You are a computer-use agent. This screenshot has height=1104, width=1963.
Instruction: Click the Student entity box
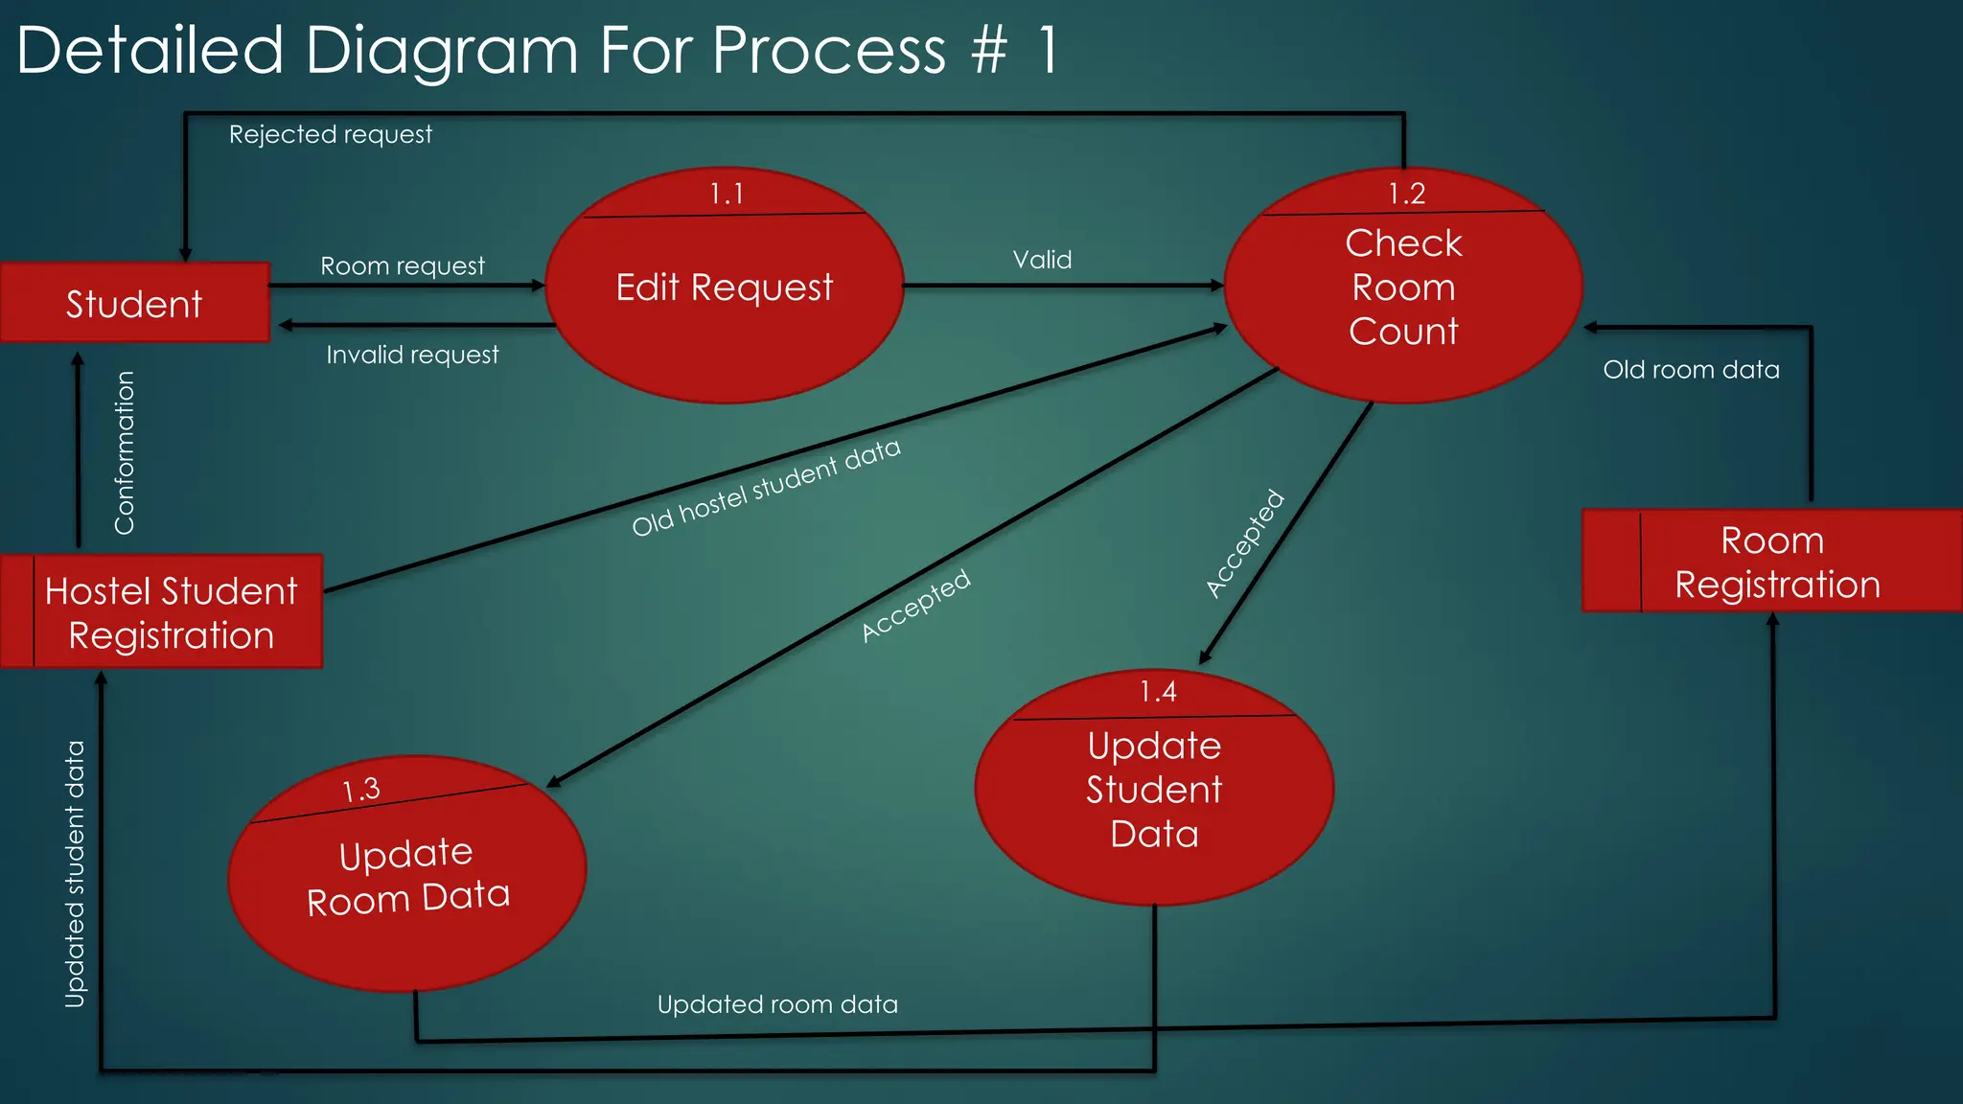click(x=134, y=303)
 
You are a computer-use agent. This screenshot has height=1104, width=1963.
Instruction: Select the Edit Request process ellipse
click(x=725, y=287)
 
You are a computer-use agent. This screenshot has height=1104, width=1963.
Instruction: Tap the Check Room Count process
click(x=1403, y=287)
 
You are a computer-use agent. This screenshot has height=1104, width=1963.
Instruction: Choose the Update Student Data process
click(x=1154, y=790)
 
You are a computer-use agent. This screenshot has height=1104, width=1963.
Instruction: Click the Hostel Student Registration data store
click(x=171, y=612)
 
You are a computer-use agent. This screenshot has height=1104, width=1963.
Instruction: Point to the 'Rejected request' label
click(x=330, y=134)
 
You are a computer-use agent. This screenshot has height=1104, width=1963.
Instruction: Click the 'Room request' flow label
click(x=403, y=265)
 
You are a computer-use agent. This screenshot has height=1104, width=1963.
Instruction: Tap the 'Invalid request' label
click(x=412, y=355)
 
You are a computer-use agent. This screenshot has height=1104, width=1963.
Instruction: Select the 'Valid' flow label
click(x=1042, y=260)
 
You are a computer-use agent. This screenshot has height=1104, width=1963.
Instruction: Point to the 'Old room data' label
click(x=1691, y=370)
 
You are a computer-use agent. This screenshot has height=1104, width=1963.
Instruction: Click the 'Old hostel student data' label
click(x=766, y=487)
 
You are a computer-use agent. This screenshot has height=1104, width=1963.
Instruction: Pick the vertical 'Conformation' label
click(x=125, y=452)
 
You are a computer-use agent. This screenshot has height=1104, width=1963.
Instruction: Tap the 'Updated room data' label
click(x=777, y=1004)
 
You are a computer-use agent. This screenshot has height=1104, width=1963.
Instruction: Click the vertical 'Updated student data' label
click(x=75, y=874)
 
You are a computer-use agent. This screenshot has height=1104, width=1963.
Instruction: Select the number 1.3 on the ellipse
click(x=361, y=790)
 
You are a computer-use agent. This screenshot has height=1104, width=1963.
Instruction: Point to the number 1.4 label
click(x=1158, y=692)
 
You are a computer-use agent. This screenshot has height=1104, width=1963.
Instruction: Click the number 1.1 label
click(x=727, y=195)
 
